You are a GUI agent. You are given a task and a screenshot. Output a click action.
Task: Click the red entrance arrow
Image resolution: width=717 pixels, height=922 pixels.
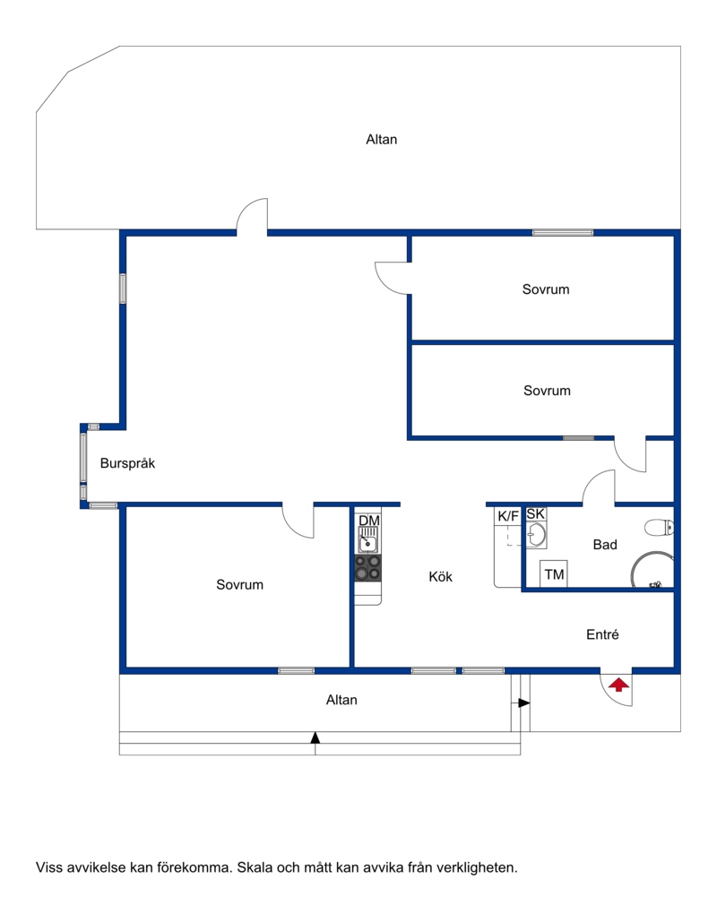(618, 685)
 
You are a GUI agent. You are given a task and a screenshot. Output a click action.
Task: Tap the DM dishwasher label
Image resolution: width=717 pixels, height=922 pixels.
(368, 521)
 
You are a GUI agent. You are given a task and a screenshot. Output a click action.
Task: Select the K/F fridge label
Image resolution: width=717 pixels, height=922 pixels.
(508, 516)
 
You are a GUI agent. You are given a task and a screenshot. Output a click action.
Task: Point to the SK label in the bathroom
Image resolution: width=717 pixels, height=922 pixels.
(535, 514)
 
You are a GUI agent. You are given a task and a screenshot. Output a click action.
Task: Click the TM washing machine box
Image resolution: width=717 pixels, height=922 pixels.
(554, 573)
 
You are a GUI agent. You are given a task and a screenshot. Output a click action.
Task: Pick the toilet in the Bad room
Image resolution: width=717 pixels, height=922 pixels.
(658, 528)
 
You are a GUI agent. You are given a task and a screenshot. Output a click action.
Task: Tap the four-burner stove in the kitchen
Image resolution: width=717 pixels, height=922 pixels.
(368, 568)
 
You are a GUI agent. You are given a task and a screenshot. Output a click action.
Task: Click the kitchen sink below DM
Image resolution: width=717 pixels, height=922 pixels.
(368, 540)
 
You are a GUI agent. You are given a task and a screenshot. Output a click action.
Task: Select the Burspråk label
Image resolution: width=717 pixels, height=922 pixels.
(127, 463)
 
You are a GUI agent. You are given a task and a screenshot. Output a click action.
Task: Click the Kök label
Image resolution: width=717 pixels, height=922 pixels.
(441, 577)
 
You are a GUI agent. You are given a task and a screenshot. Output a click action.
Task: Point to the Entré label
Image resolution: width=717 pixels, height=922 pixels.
(602, 634)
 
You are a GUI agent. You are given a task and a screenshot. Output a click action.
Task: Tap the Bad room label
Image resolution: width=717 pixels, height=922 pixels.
(605, 545)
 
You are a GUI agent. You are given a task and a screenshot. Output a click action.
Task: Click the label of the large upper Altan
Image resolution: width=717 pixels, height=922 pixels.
(381, 140)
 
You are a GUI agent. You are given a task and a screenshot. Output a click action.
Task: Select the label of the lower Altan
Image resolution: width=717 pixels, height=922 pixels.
(341, 700)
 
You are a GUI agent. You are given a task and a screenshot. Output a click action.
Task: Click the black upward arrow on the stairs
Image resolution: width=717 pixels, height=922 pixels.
(315, 737)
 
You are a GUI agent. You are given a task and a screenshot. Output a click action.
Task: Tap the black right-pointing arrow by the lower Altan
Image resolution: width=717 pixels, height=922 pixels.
(524, 702)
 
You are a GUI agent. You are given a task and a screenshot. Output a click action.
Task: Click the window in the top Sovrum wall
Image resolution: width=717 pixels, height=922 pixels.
(563, 233)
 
